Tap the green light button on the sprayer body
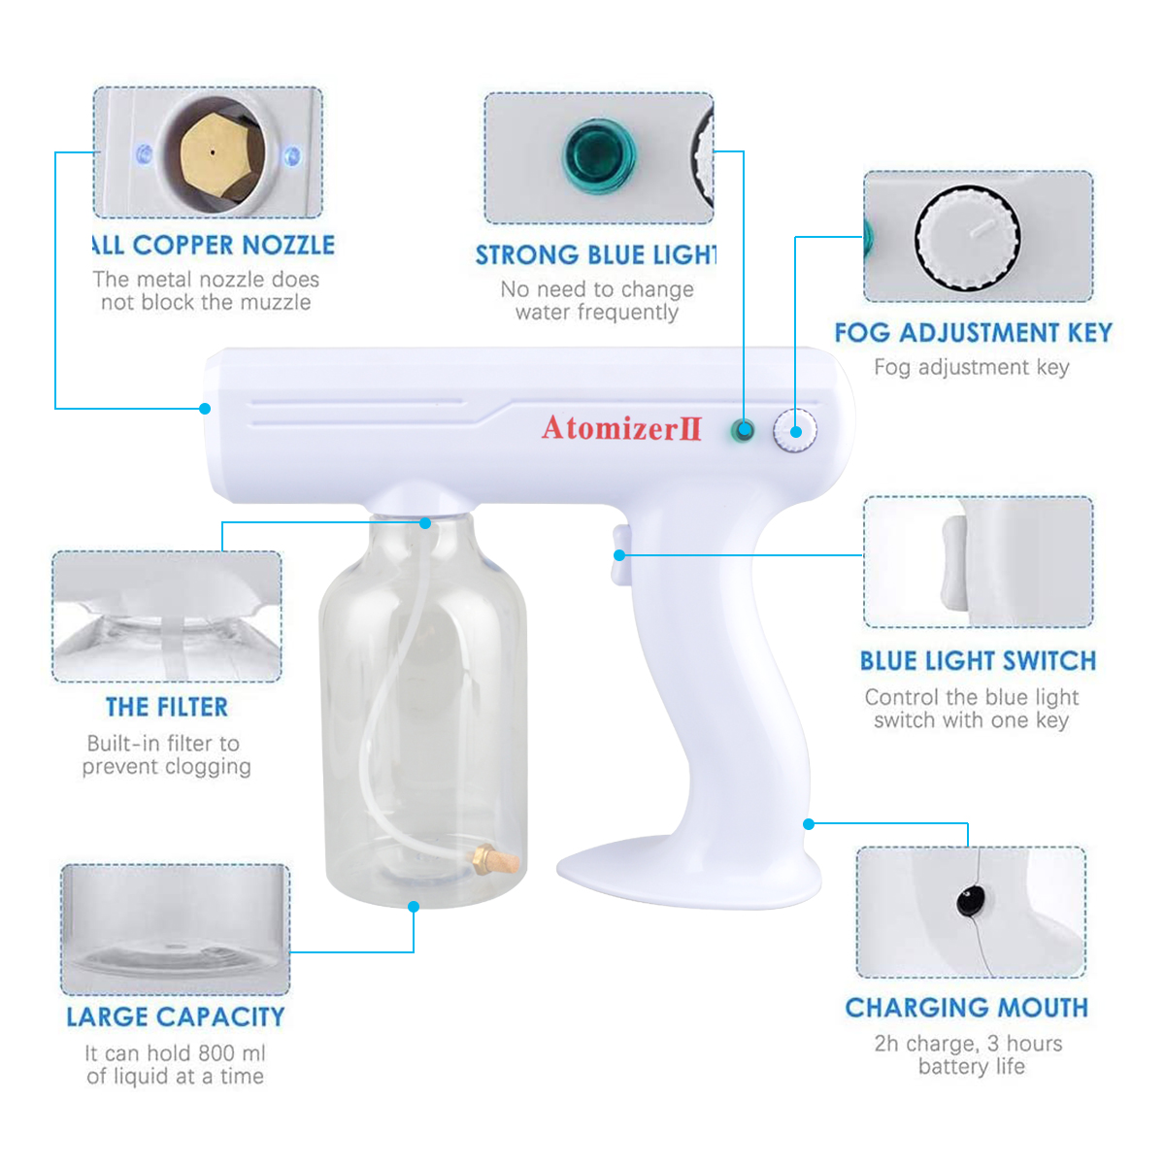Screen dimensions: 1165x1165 (742, 430)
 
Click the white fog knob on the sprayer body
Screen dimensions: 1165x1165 (794, 430)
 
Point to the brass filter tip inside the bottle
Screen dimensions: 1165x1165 (495, 859)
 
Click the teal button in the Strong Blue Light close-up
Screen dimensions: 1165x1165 (599, 156)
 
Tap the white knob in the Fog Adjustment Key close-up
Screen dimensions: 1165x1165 (967, 238)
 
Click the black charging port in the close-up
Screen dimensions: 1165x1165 (970, 901)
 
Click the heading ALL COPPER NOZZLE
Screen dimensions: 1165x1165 (213, 245)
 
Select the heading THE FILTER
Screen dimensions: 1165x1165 (167, 707)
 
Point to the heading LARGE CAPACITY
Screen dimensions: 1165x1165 (176, 1016)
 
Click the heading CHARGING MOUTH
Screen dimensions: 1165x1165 (967, 1008)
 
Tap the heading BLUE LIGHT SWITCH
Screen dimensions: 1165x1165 (978, 661)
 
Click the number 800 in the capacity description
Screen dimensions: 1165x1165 (216, 1052)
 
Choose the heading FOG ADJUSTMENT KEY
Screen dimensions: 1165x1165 (974, 333)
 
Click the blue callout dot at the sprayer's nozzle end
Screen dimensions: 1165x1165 (205, 409)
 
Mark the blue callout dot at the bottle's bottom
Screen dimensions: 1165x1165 (414, 907)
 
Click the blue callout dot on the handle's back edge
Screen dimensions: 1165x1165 (809, 824)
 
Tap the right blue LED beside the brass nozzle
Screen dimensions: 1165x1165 (292, 156)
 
